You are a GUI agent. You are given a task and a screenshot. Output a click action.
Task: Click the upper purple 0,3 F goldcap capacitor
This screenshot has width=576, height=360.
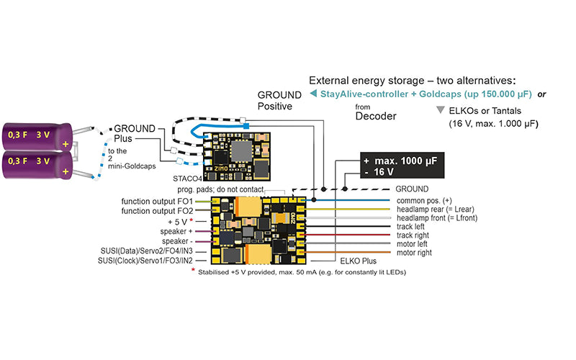click(x=37, y=136)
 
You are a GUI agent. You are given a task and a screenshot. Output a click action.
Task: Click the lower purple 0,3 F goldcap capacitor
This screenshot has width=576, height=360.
click(x=37, y=166)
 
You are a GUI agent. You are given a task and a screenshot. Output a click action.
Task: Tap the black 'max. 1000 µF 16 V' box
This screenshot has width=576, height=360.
click(x=402, y=166)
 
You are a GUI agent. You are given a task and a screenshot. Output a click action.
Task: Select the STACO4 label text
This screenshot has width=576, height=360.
click(x=187, y=179)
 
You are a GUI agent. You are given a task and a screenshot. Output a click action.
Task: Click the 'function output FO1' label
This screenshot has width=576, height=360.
click(x=157, y=202)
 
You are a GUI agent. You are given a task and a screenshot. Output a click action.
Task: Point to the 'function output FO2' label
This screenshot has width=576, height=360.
click(x=157, y=211)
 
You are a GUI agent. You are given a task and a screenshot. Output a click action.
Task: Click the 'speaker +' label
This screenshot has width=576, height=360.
click(x=176, y=231)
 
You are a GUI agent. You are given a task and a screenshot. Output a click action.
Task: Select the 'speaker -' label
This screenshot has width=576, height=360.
click(x=177, y=241)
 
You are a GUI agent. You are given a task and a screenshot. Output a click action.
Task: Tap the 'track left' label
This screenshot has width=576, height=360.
click(x=410, y=227)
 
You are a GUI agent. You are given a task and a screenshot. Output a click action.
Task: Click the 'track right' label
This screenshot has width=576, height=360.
click(x=413, y=235)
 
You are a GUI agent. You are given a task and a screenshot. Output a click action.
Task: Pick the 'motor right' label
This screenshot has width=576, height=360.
click(x=414, y=253)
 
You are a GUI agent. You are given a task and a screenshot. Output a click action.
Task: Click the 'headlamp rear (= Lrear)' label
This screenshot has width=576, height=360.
click(x=436, y=210)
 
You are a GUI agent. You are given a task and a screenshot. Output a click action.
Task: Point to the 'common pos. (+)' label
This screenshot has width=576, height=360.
click(x=424, y=201)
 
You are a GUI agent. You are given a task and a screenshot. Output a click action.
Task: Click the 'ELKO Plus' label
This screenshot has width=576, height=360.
click(x=358, y=261)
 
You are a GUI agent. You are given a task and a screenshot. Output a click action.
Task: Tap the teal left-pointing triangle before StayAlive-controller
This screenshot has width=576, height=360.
click(x=313, y=94)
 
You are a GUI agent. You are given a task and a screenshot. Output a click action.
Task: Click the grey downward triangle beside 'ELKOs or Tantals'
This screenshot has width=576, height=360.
click(x=440, y=110)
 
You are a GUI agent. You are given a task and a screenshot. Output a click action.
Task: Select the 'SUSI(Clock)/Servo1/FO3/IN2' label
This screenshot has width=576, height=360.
click(x=145, y=261)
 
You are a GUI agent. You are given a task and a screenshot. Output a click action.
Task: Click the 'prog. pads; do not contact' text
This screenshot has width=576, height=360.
click(x=220, y=189)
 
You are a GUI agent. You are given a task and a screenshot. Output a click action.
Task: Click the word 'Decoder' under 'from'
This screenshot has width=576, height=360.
click(x=376, y=117)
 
